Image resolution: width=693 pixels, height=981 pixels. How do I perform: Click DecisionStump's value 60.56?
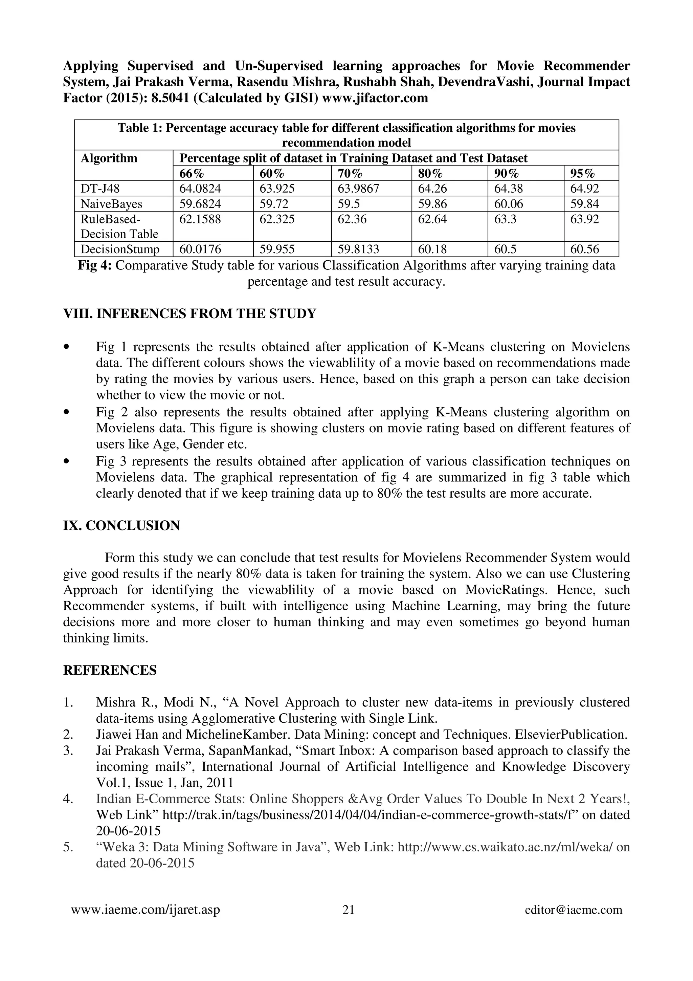(584, 249)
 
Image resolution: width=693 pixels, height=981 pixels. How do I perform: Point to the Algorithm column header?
(109, 158)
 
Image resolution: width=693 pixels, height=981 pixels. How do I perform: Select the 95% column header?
(582, 173)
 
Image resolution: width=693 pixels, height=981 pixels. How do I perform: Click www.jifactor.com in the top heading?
(375, 98)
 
